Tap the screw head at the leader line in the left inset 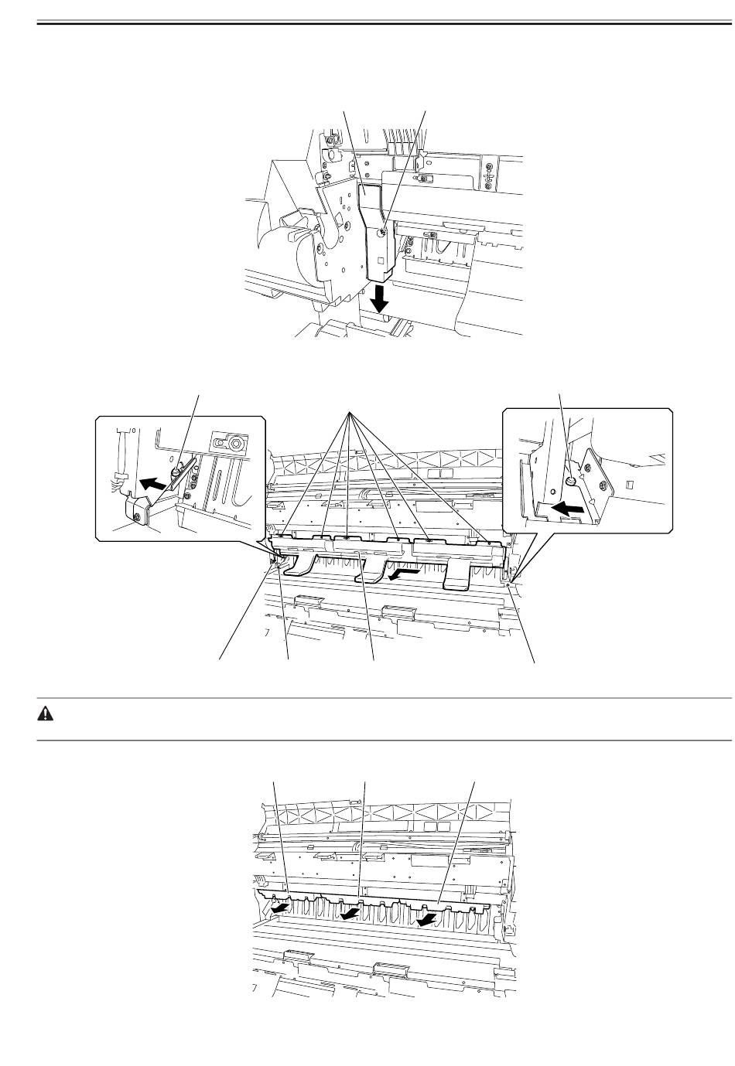coord(177,468)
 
